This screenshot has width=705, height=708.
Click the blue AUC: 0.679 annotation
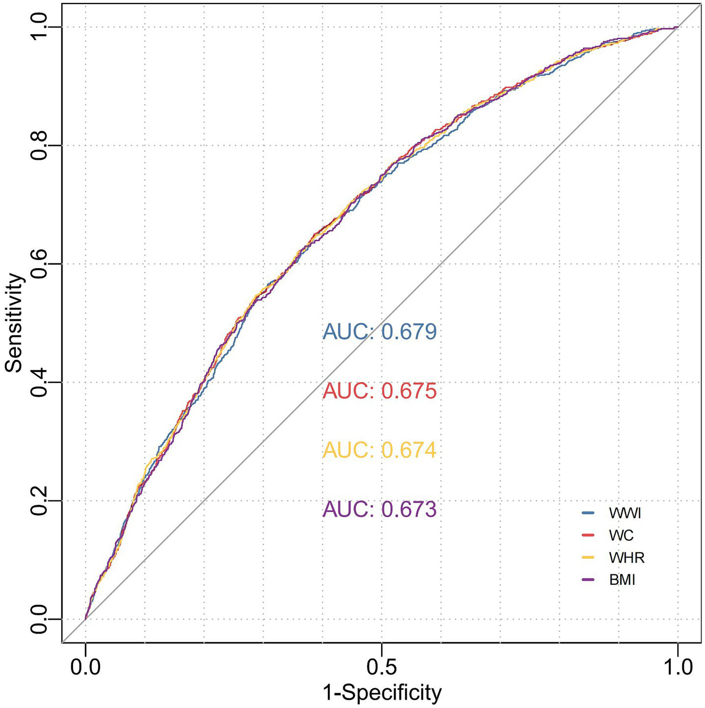click(x=379, y=332)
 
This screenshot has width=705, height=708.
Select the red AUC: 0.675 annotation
click(x=379, y=391)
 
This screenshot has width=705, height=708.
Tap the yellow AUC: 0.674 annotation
click(x=379, y=450)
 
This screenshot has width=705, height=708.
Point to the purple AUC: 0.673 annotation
click(x=379, y=509)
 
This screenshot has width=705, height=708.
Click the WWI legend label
click(x=625, y=513)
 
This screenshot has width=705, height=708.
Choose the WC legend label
click(x=621, y=535)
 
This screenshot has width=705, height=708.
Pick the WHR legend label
click(x=627, y=557)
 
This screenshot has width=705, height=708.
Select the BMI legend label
click(x=622, y=580)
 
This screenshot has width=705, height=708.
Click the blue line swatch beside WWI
click(x=588, y=513)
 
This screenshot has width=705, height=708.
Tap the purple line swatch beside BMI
click(x=588, y=580)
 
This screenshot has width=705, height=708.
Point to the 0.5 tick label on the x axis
click(x=381, y=668)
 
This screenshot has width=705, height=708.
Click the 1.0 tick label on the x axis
click(x=677, y=668)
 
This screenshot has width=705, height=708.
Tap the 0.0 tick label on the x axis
click(x=85, y=668)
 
